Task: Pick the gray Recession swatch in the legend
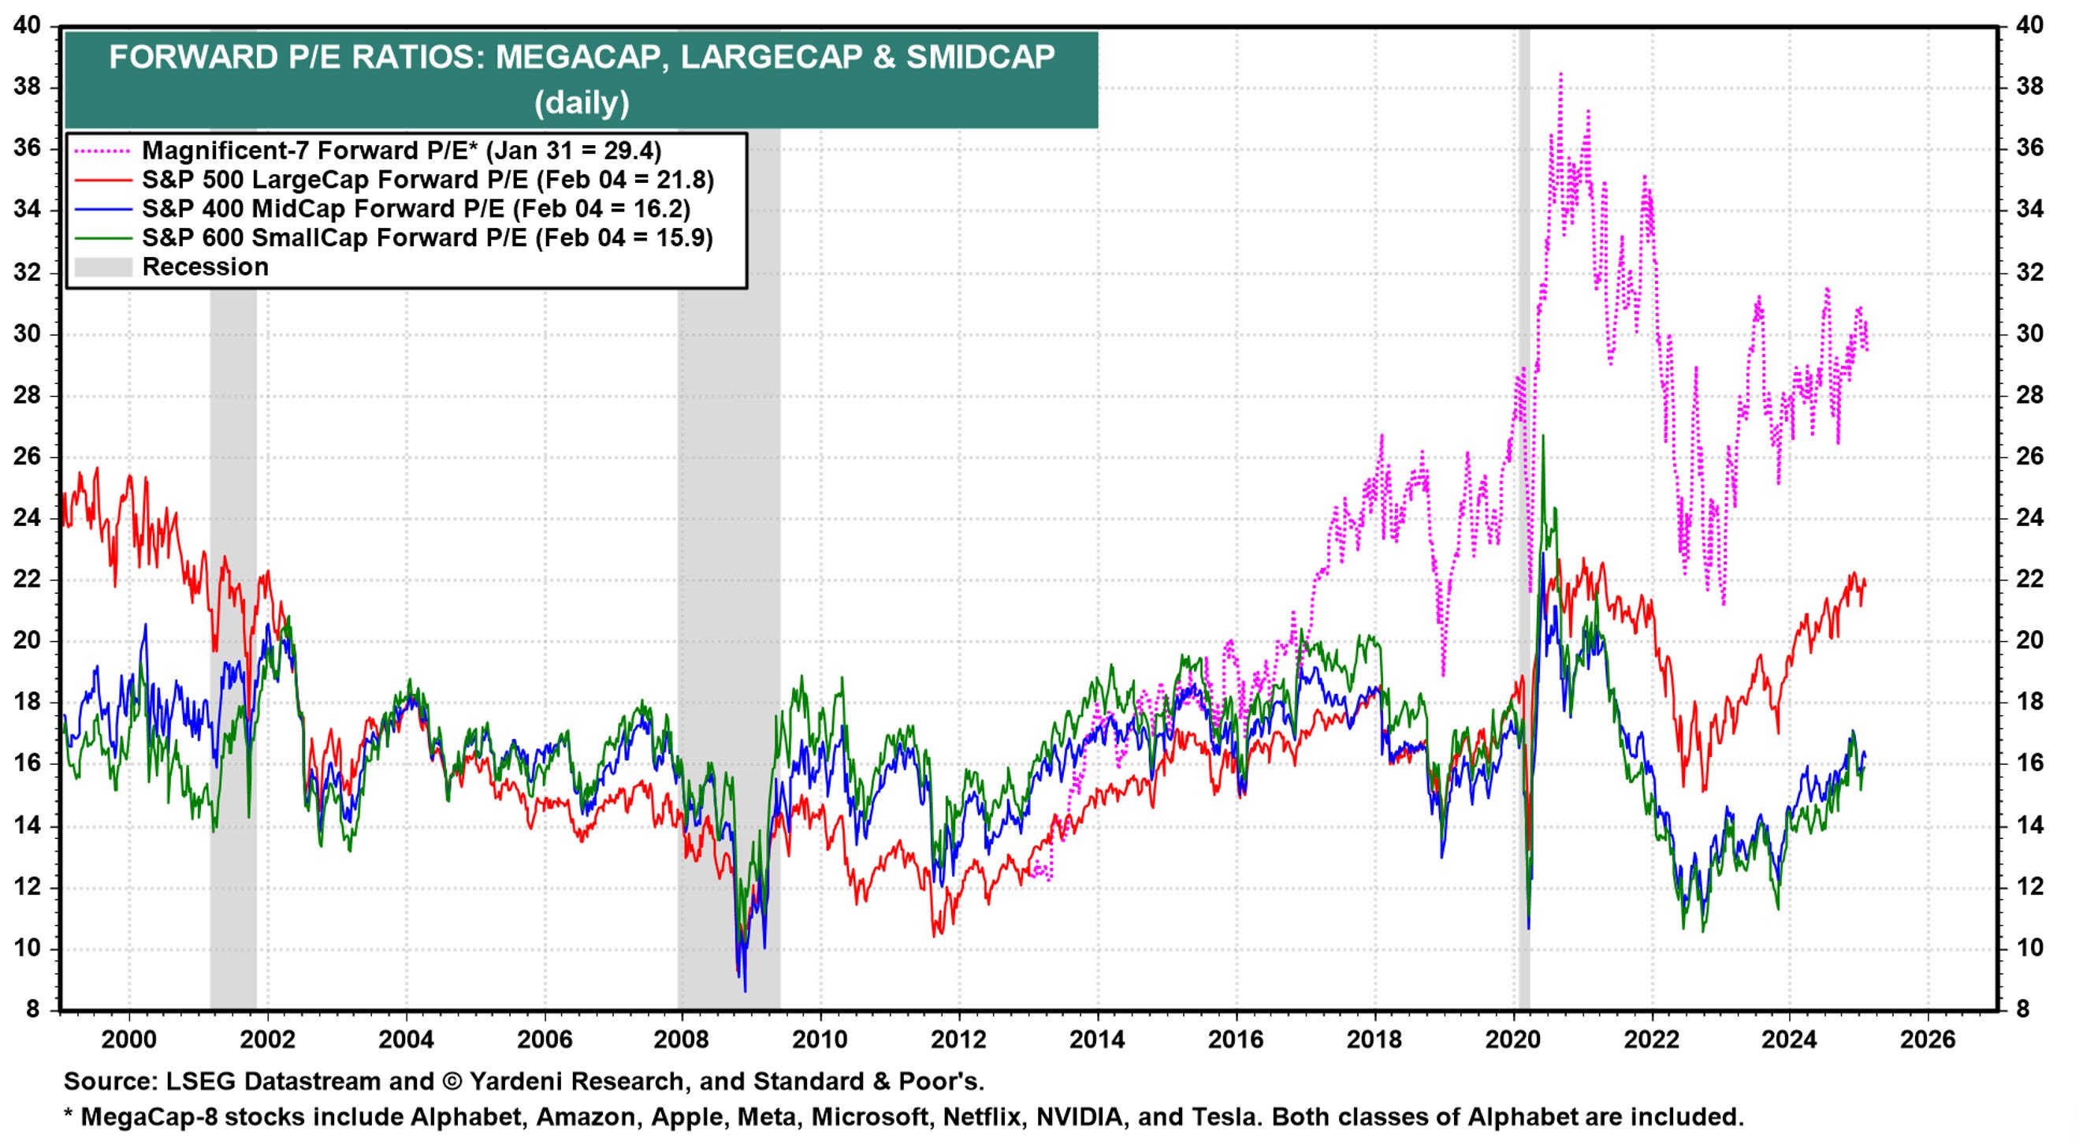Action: [x=102, y=267]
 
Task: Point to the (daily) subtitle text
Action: [x=581, y=103]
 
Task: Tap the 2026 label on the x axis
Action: [x=1928, y=1039]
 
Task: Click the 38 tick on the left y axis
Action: [x=27, y=88]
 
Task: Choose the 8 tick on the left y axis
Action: [x=32, y=1009]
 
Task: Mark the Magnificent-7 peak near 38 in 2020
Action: [x=1560, y=74]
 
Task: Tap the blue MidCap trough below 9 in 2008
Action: [x=744, y=990]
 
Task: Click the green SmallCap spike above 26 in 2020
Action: [x=1542, y=437]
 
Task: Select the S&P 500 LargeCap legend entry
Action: [x=428, y=180]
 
